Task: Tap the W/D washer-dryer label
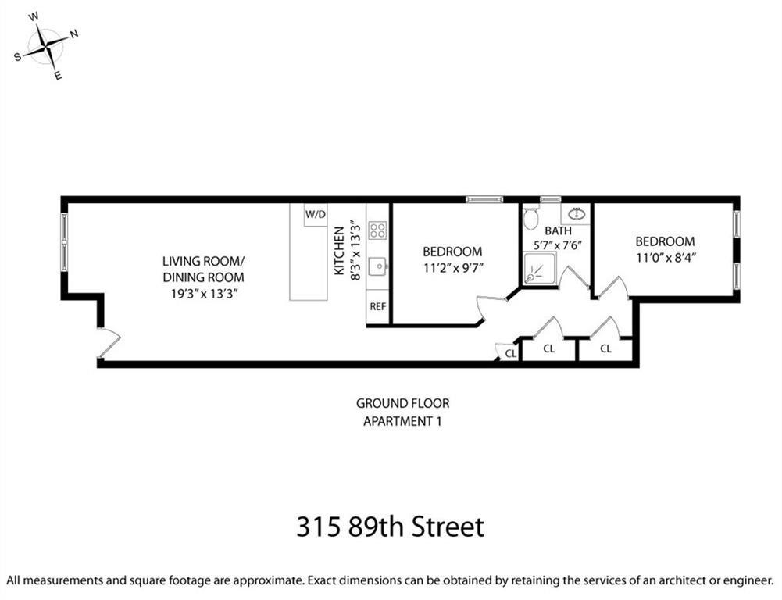(x=315, y=214)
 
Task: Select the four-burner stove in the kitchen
(x=377, y=230)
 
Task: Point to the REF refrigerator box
(x=377, y=306)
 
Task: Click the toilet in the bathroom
(x=531, y=218)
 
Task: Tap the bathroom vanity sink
(x=577, y=213)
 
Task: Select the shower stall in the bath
(x=539, y=270)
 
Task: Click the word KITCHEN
(x=339, y=250)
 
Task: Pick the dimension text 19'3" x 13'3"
(x=202, y=294)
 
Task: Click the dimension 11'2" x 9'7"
(x=452, y=268)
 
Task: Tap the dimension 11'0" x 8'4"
(x=664, y=258)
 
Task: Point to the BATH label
(x=558, y=230)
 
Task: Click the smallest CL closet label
(x=510, y=354)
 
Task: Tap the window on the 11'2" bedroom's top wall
(x=484, y=199)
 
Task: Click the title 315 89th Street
(x=390, y=526)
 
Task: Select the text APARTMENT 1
(x=402, y=421)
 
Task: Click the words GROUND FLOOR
(x=402, y=404)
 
